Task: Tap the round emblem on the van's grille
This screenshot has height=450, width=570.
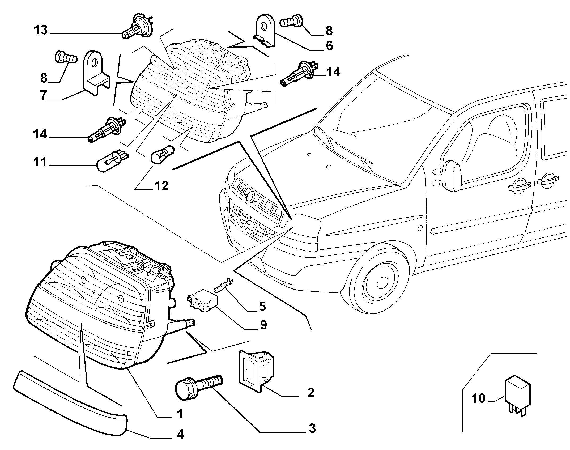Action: (x=250, y=197)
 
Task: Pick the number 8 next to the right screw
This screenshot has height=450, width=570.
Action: (x=329, y=31)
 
